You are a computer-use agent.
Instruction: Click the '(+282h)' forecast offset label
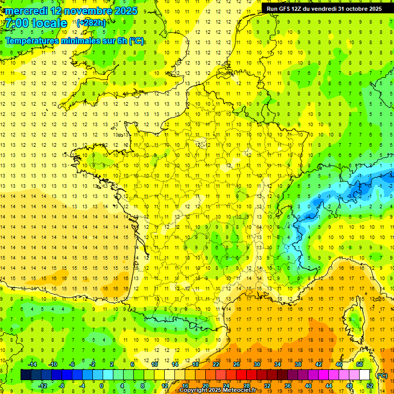(x=91, y=23)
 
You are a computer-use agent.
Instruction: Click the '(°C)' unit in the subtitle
(x=136, y=41)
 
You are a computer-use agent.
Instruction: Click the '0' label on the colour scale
(x=102, y=385)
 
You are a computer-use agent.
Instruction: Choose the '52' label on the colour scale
(x=370, y=385)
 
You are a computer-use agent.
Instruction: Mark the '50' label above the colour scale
(x=360, y=364)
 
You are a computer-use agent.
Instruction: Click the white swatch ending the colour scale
(x=365, y=375)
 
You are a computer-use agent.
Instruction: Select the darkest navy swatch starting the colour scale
(x=26, y=375)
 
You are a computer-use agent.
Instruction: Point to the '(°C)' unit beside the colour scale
(x=382, y=375)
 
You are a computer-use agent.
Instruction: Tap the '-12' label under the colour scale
(x=43, y=385)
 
